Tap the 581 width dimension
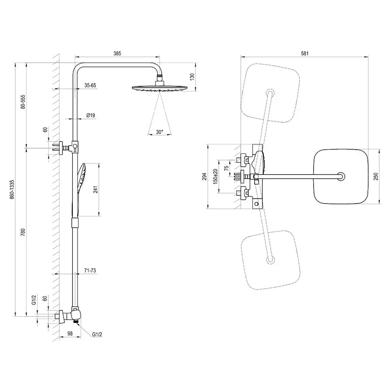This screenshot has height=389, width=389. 305,53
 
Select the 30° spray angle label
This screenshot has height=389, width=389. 159,132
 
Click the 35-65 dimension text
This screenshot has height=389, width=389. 90,85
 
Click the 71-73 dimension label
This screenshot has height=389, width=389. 90,270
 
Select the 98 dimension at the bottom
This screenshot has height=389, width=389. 70,334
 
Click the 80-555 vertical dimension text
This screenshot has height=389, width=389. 23,103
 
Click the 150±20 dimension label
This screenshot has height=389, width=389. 215,177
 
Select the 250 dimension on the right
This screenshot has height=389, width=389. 376,177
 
